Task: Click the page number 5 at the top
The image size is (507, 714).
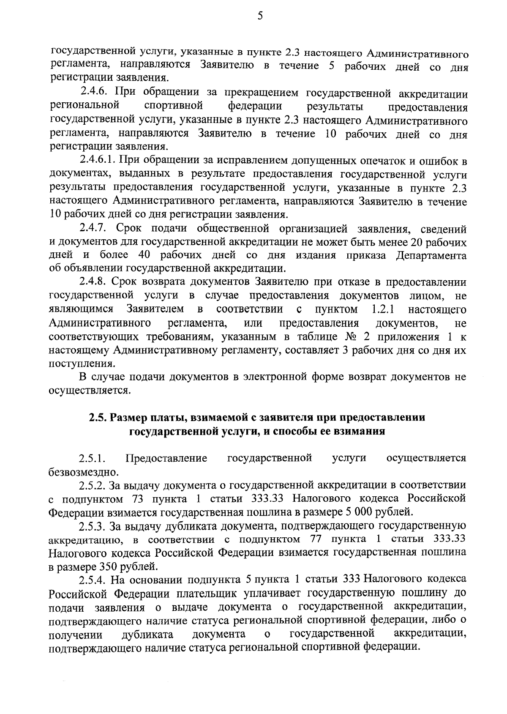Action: click(x=259, y=16)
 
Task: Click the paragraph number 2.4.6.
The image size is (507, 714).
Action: click(x=95, y=93)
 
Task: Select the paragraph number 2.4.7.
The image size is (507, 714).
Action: click(x=95, y=229)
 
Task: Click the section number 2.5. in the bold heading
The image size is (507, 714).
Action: click(x=98, y=417)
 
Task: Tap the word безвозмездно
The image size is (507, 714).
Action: click(x=81, y=471)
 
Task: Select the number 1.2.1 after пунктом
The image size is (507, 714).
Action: click(x=383, y=309)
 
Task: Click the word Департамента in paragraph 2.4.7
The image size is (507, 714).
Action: click(x=431, y=256)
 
